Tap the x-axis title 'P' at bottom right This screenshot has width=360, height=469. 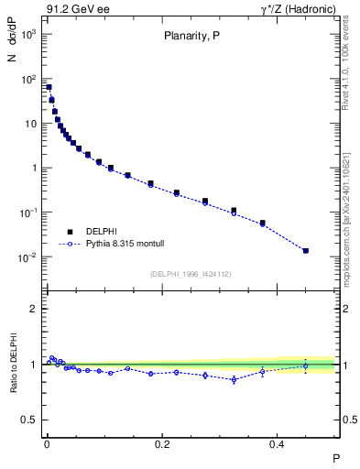click(335, 457)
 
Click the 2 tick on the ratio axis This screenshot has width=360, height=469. click(34, 309)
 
